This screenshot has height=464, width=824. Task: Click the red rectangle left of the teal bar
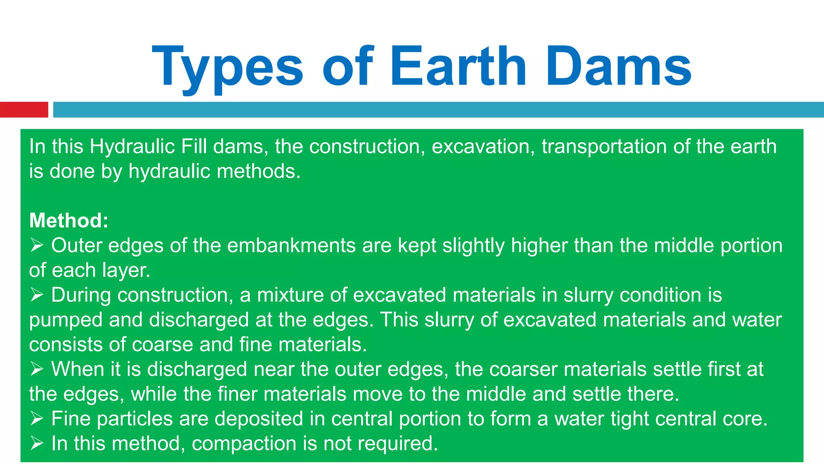[24, 110]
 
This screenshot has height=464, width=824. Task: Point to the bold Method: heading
[69, 221]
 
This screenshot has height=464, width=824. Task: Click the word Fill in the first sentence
[194, 147]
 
